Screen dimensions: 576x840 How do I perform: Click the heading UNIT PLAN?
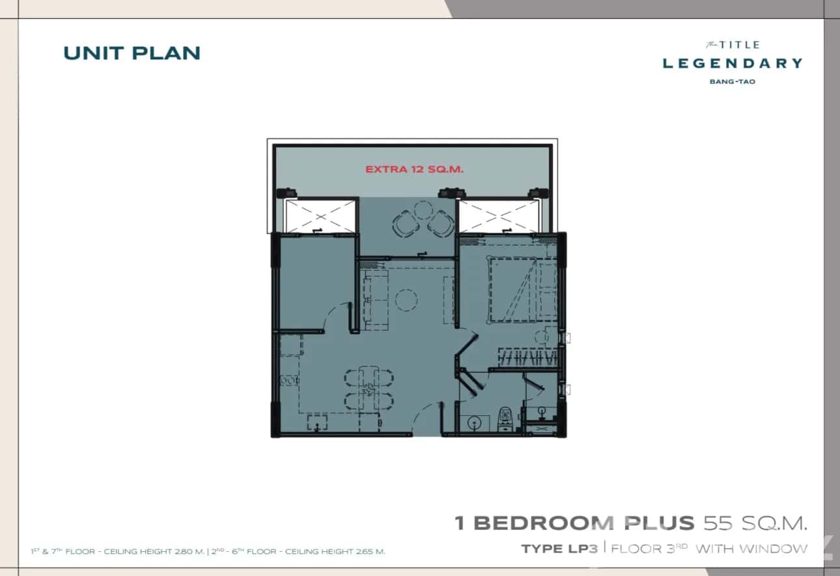pyautogui.click(x=132, y=53)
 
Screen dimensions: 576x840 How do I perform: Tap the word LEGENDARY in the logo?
pyautogui.click(x=732, y=63)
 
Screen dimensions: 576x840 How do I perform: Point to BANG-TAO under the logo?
pyautogui.click(x=733, y=82)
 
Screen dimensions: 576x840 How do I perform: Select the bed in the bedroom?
pyautogui.click(x=514, y=288)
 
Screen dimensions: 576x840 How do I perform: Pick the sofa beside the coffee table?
pyautogui.click(x=376, y=299)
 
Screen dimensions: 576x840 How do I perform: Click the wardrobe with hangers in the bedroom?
pyautogui.click(x=528, y=357)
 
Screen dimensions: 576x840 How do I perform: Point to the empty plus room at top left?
pyautogui.click(x=315, y=280)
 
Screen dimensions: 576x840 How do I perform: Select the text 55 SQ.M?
pyautogui.click(x=755, y=523)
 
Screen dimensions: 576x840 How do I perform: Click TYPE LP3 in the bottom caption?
pyautogui.click(x=559, y=549)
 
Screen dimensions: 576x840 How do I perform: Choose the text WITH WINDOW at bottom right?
pyautogui.click(x=751, y=549)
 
